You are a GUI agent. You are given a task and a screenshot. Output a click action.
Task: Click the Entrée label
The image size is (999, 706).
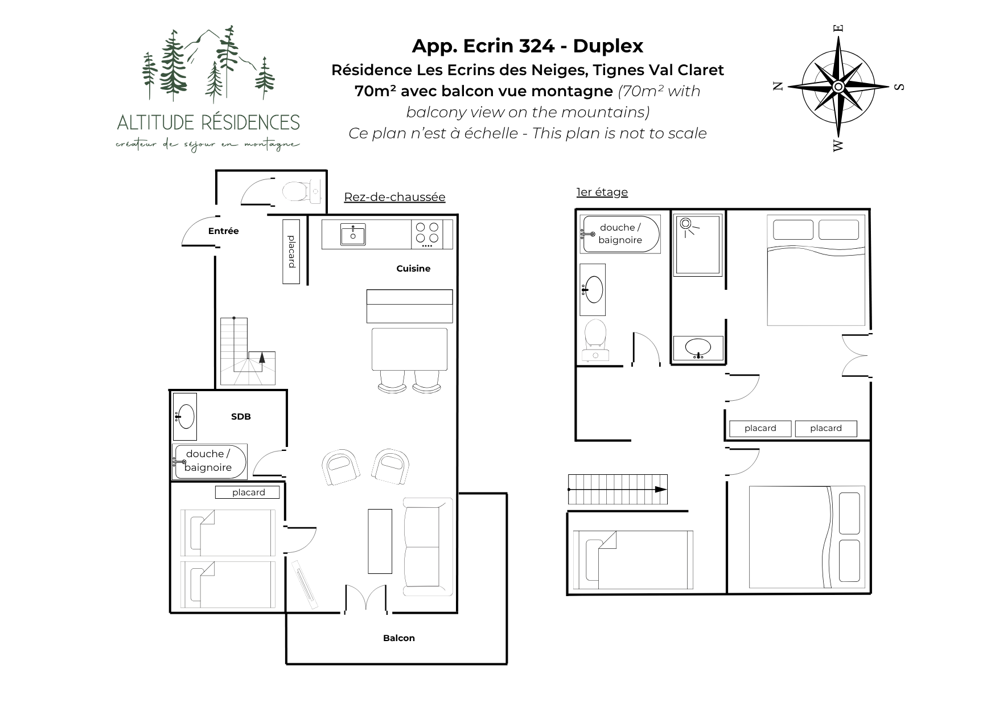(x=223, y=231)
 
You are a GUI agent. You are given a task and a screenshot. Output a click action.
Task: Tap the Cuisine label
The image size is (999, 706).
(x=413, y=268)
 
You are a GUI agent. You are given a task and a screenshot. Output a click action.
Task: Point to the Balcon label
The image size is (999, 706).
(x=398, y=638)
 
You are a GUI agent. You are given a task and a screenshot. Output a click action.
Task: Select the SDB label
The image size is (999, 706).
(x=241, y=416)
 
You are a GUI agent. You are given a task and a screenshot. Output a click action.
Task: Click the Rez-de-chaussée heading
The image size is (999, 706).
(x=394, y=197)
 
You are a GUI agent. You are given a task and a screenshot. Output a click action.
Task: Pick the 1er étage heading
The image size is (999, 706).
(x=602, y=192)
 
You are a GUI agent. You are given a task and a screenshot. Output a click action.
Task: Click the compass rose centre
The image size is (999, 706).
(x=838, y=87)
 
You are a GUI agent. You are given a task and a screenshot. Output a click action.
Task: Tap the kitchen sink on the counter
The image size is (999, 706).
(x=353, y=235)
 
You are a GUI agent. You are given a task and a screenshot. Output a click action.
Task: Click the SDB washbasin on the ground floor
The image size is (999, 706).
(x=184, y=416)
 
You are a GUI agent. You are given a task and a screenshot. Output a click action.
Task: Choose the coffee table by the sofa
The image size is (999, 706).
(x=380, y=541)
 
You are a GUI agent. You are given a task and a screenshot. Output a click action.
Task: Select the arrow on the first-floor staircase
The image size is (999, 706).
(x=618, y=489)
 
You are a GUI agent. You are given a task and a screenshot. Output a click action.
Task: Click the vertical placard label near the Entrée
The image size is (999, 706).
(x=291, y=251)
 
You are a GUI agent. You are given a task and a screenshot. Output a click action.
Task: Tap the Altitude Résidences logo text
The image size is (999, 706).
(x=208, y=122)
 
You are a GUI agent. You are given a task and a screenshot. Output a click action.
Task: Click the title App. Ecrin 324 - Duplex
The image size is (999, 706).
(x=528, y=46)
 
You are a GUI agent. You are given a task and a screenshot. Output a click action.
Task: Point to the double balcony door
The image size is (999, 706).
(x=366, y=599)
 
